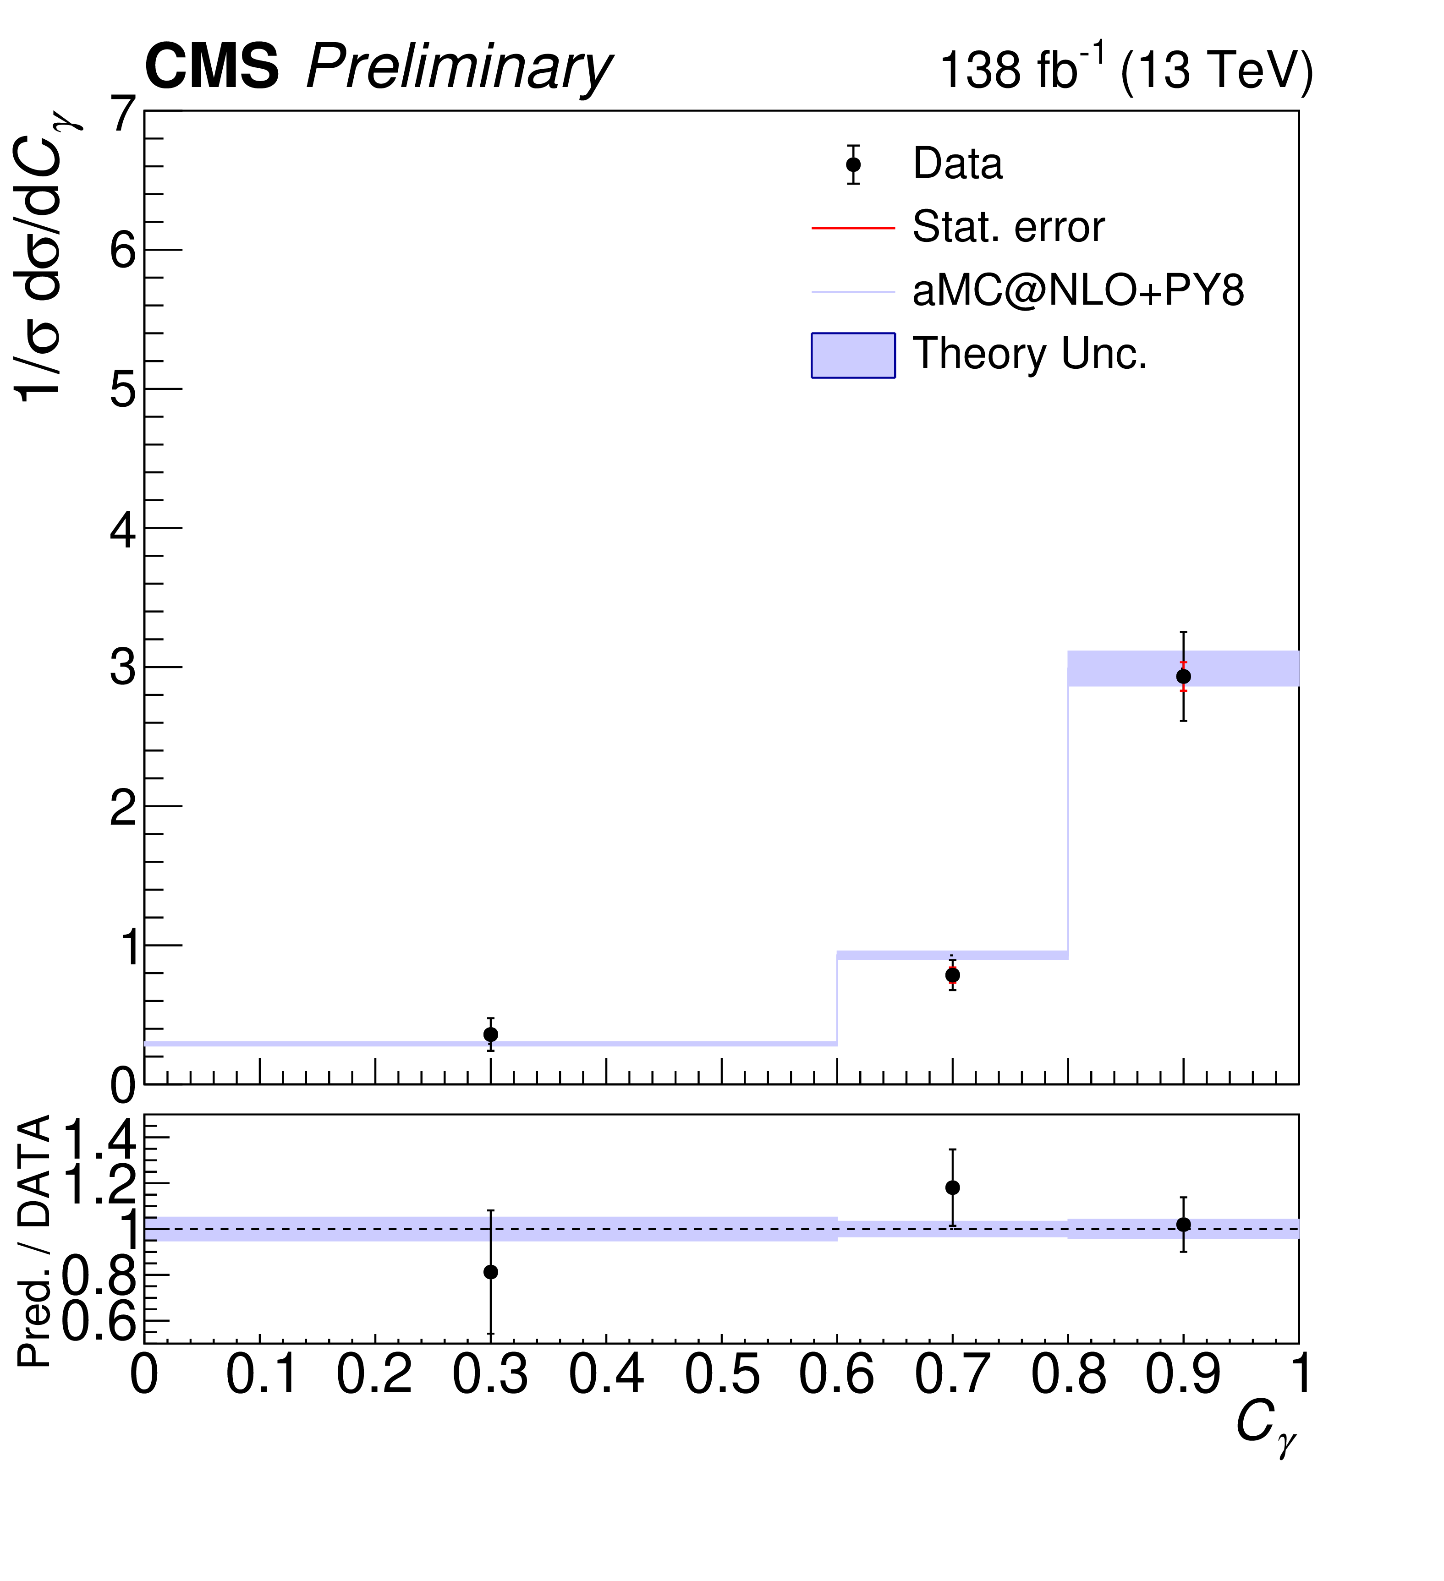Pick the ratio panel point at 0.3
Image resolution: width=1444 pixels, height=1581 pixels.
tap(490, 1272)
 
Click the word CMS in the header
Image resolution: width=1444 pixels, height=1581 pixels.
tap(212, 67)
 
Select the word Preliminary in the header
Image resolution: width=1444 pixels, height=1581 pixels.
tap(459, 69)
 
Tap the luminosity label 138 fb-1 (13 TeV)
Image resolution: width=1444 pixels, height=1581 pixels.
tap(1126, 71)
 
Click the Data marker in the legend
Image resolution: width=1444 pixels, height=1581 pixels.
tap(853, 164)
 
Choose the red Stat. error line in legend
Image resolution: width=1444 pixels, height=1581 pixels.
tap(853, 228)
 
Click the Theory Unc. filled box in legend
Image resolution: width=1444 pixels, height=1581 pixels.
tap(853, 355)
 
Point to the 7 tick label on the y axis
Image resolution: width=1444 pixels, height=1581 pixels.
tap(124, 115)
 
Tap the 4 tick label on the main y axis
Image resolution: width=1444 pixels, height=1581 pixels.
tap(124, 531)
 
